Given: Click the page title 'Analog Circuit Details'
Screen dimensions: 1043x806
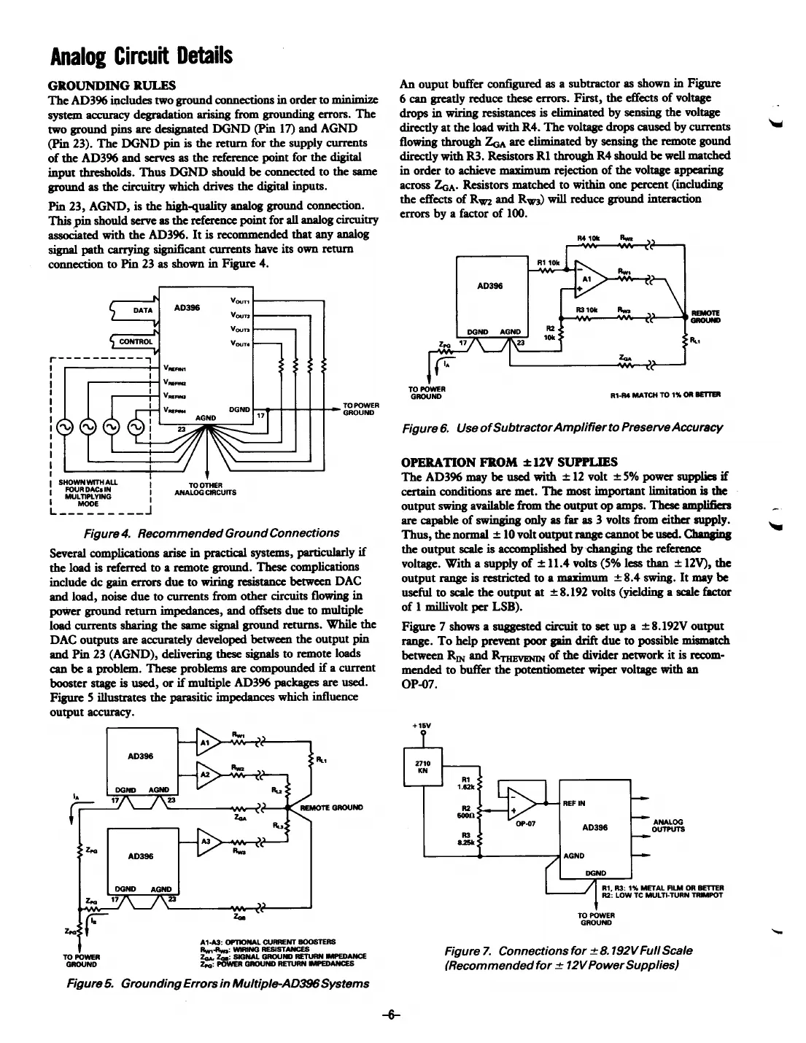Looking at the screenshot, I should pos(141,55).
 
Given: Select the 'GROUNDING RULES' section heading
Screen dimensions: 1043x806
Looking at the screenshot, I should pos(112,85).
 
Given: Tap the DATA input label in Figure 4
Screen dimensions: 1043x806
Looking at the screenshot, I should pos(143,310).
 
